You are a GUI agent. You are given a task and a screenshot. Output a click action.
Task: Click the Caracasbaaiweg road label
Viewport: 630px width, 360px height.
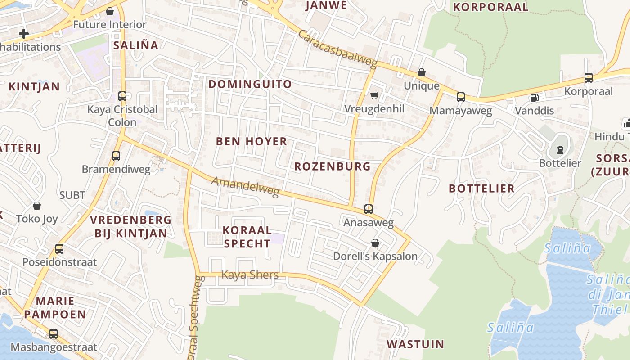coord(337,49)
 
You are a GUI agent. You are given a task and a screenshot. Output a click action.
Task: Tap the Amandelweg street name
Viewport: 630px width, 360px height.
coord(245,187)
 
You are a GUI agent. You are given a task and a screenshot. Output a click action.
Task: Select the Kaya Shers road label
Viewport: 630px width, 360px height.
coord(250,274)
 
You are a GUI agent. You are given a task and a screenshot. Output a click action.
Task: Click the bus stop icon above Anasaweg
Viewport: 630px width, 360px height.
coord(369,209)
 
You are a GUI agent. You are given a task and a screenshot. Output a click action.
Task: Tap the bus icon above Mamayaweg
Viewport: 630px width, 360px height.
coord(460,97)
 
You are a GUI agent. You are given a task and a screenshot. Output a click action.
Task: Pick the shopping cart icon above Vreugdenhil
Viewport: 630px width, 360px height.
coord(374,95)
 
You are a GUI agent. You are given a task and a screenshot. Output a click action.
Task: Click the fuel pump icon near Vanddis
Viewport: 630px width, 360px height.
coord(534,97)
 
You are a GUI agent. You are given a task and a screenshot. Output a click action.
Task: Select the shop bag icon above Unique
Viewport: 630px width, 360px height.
coord(422,72)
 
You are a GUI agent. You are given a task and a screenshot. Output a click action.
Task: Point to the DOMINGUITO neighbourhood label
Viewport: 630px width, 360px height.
coord(250,84)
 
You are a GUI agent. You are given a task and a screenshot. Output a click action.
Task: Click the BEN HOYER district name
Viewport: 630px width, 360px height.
coord(252,141)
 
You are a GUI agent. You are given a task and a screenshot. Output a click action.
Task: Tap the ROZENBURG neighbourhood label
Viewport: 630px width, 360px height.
coord(333,166)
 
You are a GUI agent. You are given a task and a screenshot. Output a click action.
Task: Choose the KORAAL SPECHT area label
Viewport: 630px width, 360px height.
coord(247,237)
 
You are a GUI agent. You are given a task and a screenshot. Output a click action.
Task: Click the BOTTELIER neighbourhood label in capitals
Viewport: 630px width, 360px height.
coord(481,189)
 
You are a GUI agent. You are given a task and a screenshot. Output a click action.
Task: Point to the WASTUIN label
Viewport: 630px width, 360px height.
coord(415,345)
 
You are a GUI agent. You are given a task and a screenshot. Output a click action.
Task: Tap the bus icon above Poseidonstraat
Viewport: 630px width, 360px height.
coord(59,249)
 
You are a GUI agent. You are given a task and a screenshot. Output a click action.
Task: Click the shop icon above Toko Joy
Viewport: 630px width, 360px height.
coord(37,206)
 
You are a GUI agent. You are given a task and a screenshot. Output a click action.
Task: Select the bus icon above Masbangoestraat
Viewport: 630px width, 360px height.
coord(54,334)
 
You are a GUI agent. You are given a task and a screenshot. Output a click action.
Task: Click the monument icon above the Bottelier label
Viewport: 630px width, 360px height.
coord(560,150)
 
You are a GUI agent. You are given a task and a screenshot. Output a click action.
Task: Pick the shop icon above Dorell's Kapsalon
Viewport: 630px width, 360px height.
coord(375,243)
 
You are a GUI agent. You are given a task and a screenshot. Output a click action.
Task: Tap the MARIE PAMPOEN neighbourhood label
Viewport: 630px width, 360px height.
coord(55,307)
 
